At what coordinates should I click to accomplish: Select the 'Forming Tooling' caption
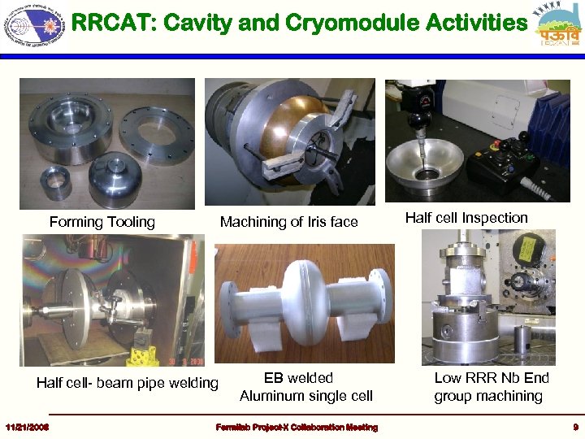pos(102,222)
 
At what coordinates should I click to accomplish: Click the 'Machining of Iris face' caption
pos(288,222)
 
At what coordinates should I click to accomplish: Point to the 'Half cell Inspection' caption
pos(466,218)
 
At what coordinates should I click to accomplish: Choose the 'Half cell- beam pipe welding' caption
pos(128,383)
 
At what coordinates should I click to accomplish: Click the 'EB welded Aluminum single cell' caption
pos(305,387)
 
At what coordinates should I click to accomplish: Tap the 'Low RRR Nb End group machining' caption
pos(491,387)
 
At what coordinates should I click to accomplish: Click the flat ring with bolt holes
pos(156,130)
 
